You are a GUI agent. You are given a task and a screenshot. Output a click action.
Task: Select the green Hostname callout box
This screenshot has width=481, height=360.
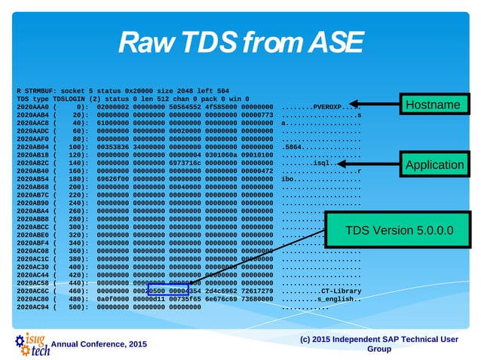pyautogui.click(x=432, y=105)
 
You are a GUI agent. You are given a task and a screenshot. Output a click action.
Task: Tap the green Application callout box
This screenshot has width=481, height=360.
pyautogui.click(x=434, y=164)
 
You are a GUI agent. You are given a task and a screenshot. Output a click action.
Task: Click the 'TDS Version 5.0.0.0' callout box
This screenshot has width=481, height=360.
pyautogui.click(x=399, y=229)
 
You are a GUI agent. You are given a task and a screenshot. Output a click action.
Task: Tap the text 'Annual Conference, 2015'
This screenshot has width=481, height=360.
pyautogui.click(x=100, y=344)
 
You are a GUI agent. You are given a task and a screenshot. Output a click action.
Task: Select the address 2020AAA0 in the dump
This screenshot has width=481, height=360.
pyautogui.click(x=32, y=107)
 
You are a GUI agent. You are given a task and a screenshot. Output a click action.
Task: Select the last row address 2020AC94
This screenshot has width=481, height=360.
pyautogui.click(x=32, y=307)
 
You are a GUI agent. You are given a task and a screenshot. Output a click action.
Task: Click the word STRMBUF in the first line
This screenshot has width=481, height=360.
pyautogui.click(x=37, y=91)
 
